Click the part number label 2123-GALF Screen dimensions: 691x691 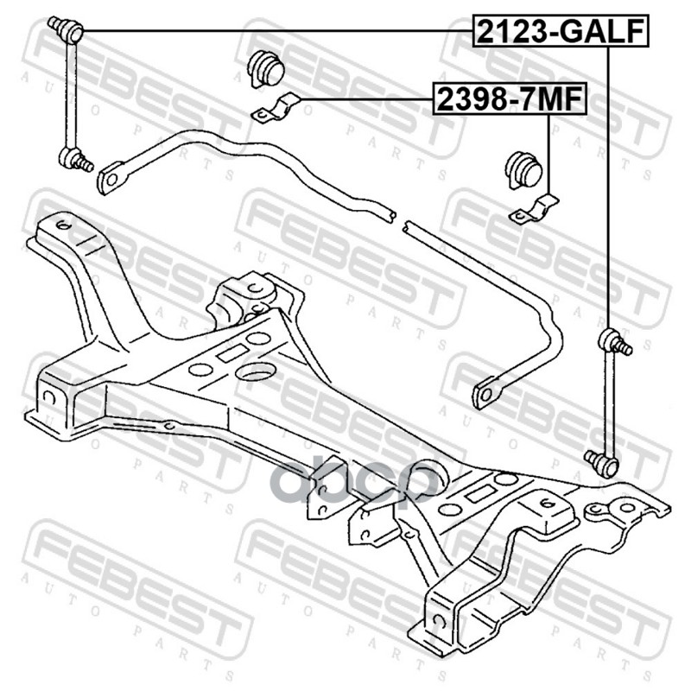pos(559,31)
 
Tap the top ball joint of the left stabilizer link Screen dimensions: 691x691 pos(68,31)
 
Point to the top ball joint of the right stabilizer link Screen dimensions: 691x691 pos(611,338)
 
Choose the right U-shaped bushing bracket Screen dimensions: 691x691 pos(535,211)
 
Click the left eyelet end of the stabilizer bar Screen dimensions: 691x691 pos(110,179)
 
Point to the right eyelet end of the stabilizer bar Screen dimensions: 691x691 pos(486,394)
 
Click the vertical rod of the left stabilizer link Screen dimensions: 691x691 pos(68,95)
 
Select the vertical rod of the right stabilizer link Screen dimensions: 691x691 pos(608,402)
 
